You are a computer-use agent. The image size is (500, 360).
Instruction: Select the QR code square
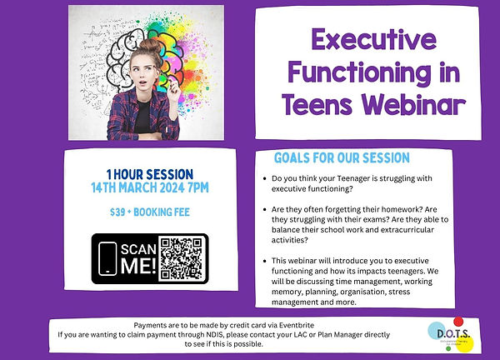click(182, 257)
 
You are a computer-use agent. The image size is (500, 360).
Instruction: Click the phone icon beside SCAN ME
click(107, 257)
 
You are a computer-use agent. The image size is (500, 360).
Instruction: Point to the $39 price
click(119, 212)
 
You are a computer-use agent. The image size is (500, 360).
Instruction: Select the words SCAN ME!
click(138, 257)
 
